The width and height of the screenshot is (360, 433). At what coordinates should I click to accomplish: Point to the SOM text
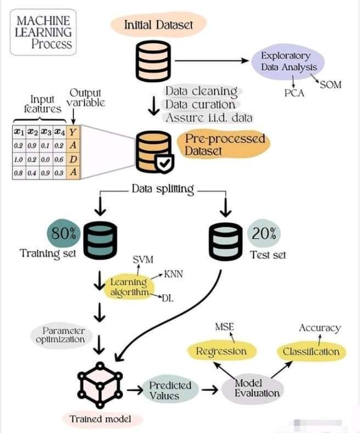tap(330, 85)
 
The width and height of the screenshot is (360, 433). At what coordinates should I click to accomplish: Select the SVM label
tap(143, 260)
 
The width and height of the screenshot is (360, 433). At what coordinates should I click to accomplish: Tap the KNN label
tap(173, 274)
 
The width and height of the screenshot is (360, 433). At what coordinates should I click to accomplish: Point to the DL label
tap(169, 298)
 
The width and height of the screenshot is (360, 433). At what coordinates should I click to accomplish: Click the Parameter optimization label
tap(63, 335)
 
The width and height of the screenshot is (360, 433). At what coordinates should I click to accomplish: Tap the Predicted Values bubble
tap(170, 390)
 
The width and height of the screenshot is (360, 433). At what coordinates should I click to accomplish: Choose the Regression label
tap(220, 351)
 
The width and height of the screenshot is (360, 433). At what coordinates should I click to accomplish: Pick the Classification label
tap(312, 351)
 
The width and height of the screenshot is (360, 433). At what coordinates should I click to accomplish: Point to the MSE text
tap(224, 327)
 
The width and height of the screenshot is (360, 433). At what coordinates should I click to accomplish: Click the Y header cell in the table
tap(74, 132)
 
